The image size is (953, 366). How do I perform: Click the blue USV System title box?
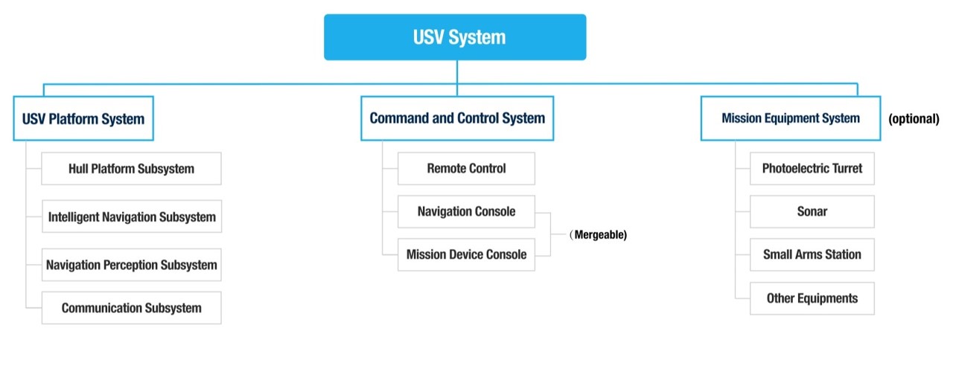coord(455,37)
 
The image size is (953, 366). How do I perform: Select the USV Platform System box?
coord(83,118)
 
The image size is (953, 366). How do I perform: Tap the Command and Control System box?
coord(457,118)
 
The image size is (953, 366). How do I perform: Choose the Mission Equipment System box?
coord(791,118)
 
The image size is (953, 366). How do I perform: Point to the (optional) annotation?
coord(914,118)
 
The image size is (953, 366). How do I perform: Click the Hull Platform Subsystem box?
coord(132,168)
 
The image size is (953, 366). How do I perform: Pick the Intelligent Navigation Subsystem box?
coord(132,216)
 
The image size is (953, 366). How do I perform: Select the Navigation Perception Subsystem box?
coord(132,264)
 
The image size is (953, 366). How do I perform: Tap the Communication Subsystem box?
coord(132,308)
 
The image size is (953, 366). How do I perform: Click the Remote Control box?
coord(466,168)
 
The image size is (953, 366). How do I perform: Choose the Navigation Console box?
coord(466,211)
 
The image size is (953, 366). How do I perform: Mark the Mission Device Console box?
coord(466,254)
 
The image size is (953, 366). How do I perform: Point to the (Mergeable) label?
coord(598,234)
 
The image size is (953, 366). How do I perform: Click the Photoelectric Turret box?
coord(812,168)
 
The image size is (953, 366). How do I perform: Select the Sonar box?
coord(812,211)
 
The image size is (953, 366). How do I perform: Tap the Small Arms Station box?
coord(812,254)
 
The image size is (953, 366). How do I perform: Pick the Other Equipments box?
coord(812,298)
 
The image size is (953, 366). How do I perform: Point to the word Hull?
coord(78,168)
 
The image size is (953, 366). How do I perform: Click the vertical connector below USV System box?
coord(457,78)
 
